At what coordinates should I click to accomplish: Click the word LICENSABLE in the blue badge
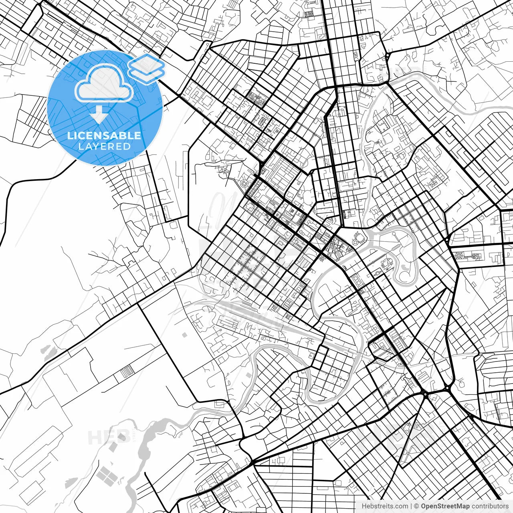click(104, 135)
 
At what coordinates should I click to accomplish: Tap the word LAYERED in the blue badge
click(104, 146)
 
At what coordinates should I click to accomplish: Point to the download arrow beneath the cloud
click(98, 115)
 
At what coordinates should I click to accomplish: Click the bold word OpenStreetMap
click(445, 506)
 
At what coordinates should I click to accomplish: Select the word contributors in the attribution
click(490, 506)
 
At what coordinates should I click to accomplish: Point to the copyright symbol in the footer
click(416, 506)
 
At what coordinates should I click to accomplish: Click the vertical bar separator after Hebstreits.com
click(411, 506)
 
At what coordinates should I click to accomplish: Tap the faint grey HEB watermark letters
click(103, 437)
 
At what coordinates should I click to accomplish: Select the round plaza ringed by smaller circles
click(359, 239)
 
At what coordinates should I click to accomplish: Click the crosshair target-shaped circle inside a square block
click(244, 184)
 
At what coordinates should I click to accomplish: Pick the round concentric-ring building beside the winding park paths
click(386, 263)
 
